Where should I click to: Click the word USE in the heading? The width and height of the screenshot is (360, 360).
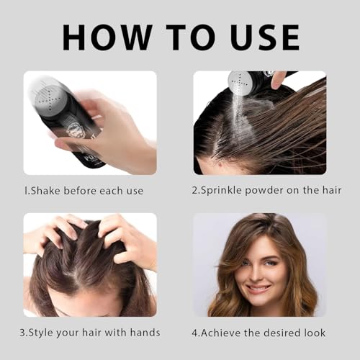coord(258,36)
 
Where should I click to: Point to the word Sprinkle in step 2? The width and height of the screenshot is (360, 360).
coord(224,191)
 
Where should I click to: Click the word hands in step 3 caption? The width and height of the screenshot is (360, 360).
coord(144,333)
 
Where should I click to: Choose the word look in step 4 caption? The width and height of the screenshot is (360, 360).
coord(313,333)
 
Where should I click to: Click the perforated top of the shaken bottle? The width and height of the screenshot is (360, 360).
coord(48,94)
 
